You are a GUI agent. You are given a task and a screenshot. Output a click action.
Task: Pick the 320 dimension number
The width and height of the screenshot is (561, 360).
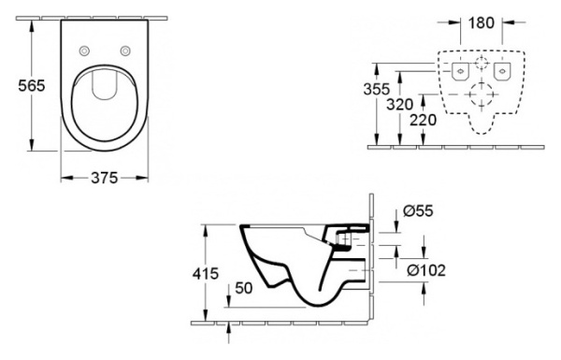click(x=399, y=105)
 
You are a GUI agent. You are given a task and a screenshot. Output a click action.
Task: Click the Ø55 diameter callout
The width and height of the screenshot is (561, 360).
click(x=423, y=212)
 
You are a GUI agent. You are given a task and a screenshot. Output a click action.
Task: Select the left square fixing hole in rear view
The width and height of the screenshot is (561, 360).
click(x=460, y=71)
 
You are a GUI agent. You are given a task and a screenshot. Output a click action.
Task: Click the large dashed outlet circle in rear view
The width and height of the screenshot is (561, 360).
click(x=482, y=96)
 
